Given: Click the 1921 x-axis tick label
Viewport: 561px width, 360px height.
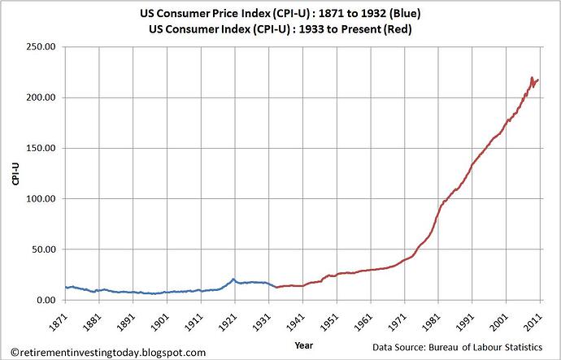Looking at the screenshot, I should pos(234,319).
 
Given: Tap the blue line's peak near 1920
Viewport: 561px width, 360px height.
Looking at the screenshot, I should pos(233,279).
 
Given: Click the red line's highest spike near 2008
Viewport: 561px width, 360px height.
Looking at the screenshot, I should pos(531,77).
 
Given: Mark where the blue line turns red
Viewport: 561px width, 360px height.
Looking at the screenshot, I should pos(276,287).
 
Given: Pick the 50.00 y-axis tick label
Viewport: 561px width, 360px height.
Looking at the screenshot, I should pos(43,249).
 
